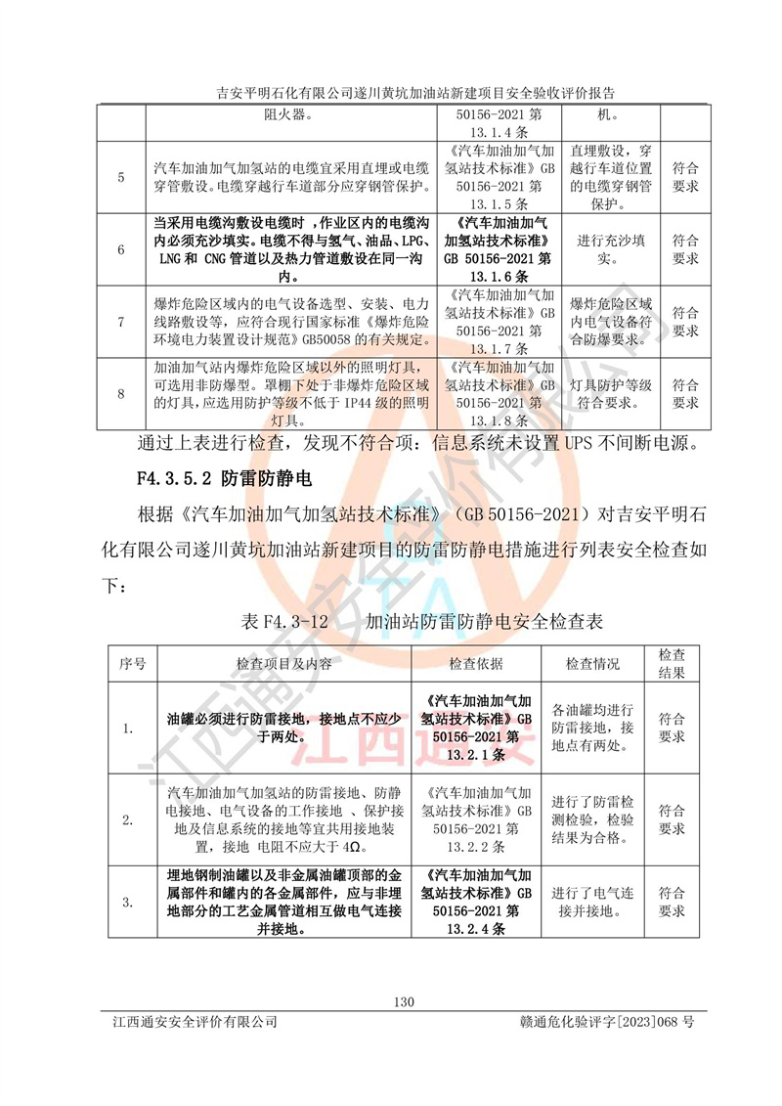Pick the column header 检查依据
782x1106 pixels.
coord(475,664)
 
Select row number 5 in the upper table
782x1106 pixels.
coord(120,177)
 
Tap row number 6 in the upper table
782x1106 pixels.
coord(120,249)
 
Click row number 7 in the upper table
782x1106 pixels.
coord(120,321)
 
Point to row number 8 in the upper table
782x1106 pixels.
coord(120,393)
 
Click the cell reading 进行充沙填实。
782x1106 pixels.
coord(608,249)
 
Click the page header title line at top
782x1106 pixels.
coord(402,94)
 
